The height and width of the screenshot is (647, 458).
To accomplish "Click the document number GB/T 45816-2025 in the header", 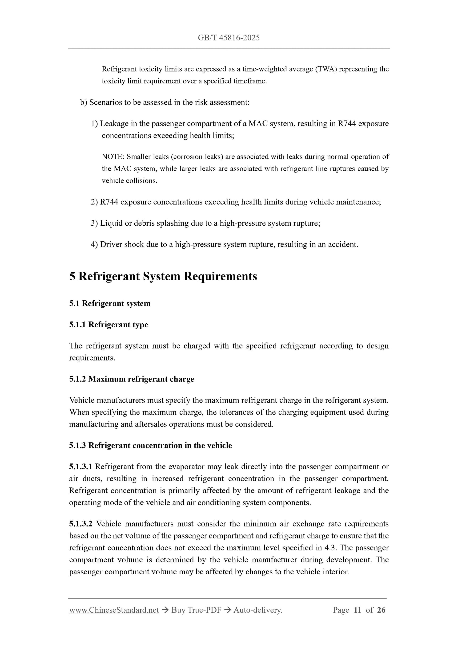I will pos(229,38).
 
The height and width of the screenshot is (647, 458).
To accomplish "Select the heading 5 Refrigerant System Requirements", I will pos(163,276).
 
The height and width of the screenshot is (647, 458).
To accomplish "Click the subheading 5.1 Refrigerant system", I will pos(110,303).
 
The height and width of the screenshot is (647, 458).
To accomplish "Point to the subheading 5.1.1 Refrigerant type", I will pos(109,325).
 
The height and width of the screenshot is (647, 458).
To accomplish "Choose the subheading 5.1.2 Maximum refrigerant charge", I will pos(132,379).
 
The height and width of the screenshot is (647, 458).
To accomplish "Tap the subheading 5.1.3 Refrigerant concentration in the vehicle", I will pos(150,446).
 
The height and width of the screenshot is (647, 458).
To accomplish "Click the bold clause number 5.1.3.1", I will pos(81,467).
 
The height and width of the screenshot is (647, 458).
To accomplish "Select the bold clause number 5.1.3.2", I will pos(81,524).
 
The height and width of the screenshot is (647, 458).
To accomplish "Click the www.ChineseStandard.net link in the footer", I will pos(114,610).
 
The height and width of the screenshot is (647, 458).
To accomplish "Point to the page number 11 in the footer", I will pos(357,610).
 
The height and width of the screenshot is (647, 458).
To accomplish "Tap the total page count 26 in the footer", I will pos(381,610).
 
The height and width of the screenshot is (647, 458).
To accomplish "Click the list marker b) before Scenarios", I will pos(84,102).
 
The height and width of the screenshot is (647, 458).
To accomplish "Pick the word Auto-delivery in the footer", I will pos(258,610).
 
